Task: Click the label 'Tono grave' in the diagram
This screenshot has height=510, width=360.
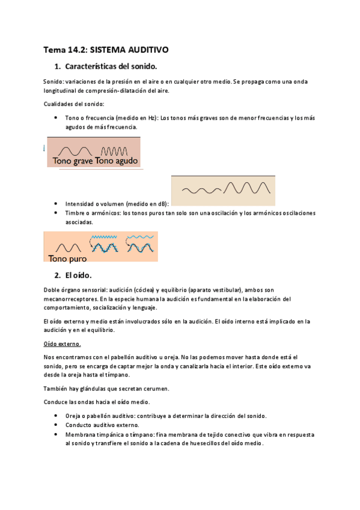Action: click(72, 161)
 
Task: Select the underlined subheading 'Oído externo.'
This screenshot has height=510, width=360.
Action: click(63, 343)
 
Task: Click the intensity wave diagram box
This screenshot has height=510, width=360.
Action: click(223, 191)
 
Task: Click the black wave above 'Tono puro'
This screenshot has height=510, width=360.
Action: click(68, 247)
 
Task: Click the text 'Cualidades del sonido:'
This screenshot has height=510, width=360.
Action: click(73, 104)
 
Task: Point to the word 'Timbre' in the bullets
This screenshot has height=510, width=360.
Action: click(75, 213)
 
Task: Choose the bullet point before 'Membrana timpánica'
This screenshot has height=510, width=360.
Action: click(55, 434)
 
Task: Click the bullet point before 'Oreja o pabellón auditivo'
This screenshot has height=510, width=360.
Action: click(55, 416)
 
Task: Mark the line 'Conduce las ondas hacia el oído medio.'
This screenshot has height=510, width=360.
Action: click(97, 402)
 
